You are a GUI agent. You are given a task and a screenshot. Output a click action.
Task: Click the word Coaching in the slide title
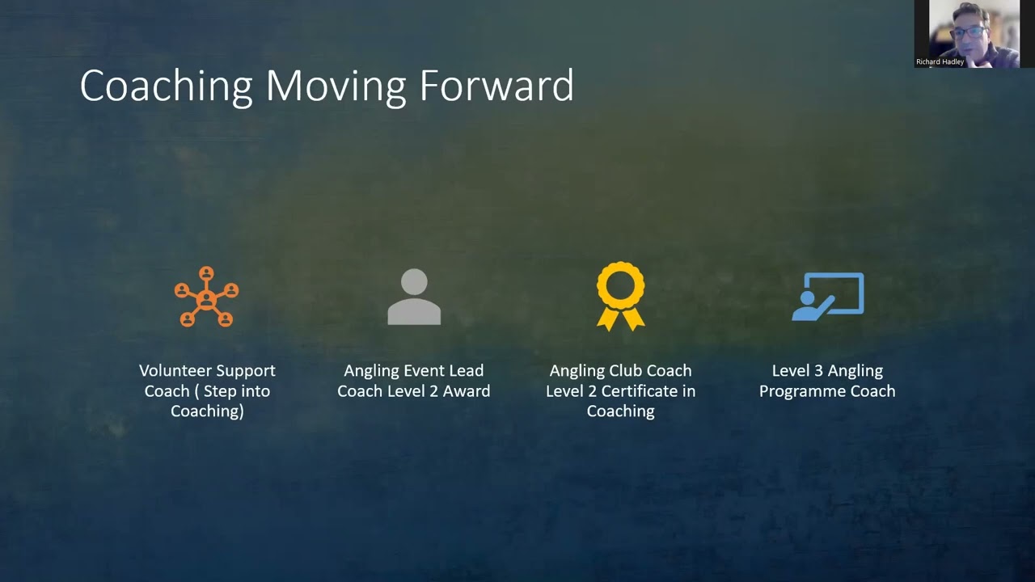click(167, 86)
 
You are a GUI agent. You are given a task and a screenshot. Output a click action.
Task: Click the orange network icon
click(206, 297)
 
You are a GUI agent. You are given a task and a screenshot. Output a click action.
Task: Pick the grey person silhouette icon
click(414, 297)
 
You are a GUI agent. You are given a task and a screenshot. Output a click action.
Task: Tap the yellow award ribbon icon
click(621, 296)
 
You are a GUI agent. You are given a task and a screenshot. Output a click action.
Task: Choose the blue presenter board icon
click(828, 297)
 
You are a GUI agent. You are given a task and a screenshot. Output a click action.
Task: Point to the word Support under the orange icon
click(243, 371)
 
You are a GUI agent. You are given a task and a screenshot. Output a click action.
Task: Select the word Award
click(468, 391)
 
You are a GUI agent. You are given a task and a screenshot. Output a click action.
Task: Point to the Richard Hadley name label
click(940, 61)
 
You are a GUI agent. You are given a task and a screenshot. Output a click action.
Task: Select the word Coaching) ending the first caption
click(207, 411)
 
